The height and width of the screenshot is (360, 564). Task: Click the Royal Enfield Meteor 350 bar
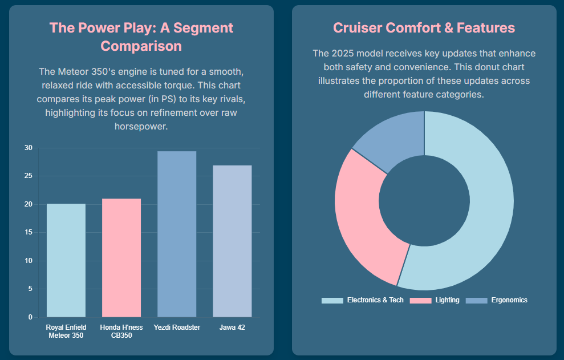pos(66,260)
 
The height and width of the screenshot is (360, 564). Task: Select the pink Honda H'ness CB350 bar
pos(121,258)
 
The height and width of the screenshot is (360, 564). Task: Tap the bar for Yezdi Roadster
pos(177,234)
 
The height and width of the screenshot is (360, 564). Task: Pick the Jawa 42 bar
pos(232,241)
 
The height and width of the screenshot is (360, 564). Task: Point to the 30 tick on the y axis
pos(29,148)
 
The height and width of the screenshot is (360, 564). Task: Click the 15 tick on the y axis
pos(29,233)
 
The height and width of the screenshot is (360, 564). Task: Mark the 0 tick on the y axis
pos(30,317)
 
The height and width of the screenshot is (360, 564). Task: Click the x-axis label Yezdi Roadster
pos(177,327)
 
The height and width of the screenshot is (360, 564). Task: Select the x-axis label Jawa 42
pos(232,327)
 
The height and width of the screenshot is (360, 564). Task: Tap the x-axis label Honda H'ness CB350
pos(121,331)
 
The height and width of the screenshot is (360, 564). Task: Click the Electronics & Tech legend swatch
pos(332,300)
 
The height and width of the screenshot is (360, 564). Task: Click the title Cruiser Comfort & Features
pos(424,27)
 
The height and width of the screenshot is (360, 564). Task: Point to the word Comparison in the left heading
pos(141,46)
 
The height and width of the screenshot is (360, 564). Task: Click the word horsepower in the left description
pos(141,126)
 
